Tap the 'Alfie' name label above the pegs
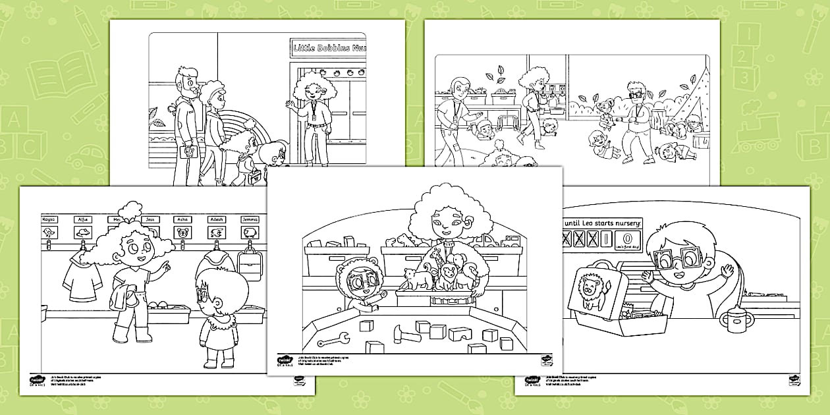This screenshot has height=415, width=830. click(83, 219)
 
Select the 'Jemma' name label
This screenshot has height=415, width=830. click(250, 219)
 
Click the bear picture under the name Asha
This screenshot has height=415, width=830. click(182, 232)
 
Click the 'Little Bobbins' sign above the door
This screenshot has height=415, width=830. click(327, 47)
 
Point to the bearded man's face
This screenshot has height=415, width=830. click(188, 84)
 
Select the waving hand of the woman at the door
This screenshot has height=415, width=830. click(290, 104)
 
